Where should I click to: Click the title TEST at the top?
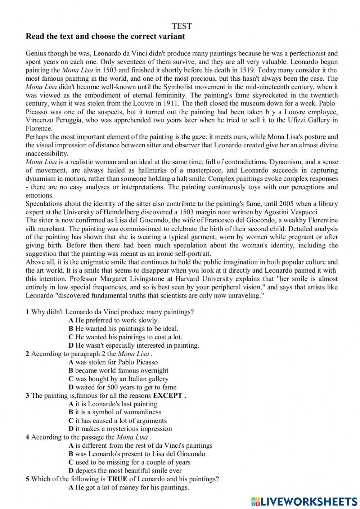[x=182, y=26]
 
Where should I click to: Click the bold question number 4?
[x=27, y=437]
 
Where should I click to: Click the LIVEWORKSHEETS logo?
[x=304, y=501]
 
